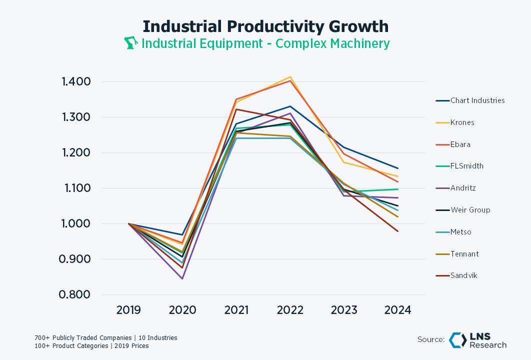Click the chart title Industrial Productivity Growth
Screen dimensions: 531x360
pos(265,26)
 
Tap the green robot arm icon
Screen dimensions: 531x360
pos(130,42)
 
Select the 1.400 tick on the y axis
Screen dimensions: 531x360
pos(76,81)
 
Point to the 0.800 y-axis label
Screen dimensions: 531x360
pos(74,294)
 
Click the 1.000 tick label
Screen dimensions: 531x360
pos(76,224)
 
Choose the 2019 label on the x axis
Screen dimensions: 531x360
pos(128,310)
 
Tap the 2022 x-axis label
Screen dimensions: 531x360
pos(290,310)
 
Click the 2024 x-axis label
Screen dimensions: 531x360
pos(397,310)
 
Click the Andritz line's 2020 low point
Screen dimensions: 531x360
pos(182,278)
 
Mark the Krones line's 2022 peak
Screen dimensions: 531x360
pos(290,77)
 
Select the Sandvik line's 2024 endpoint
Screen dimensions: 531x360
pos(397,231)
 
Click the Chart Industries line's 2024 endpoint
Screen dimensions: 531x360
pos(397,168)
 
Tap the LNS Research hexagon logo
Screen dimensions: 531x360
pos(457,340)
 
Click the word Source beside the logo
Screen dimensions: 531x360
pos(431,339)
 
